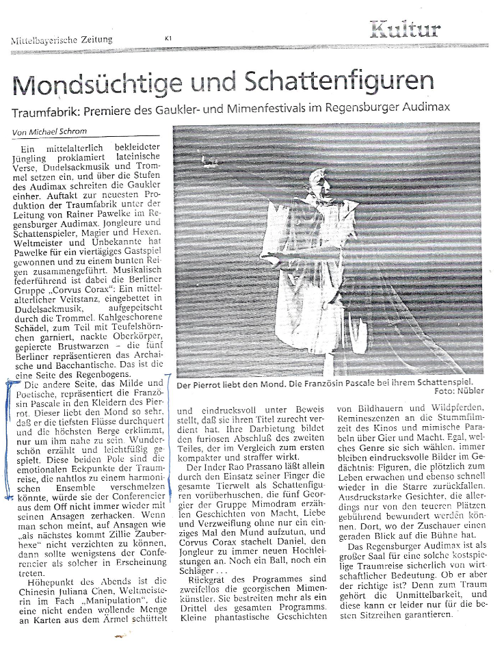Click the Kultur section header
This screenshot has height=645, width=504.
406,29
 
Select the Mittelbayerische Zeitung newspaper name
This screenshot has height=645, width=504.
62,40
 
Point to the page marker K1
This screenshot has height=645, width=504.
168,38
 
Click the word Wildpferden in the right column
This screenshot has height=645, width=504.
452,409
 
